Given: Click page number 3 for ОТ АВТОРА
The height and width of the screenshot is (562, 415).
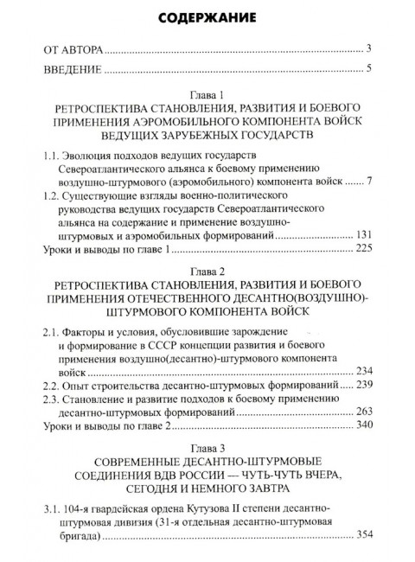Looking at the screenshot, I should pos(368,48).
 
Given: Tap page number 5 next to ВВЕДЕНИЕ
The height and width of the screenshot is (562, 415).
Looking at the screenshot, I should pos(368,69).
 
